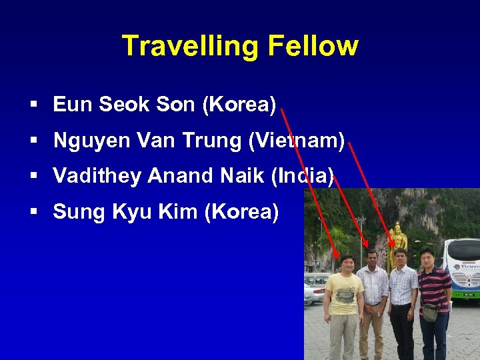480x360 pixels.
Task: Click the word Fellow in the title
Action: [313, 46]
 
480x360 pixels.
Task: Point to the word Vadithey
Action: [97, 176]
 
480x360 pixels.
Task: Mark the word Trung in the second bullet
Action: [211, 140]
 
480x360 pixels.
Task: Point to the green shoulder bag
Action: [431, 311]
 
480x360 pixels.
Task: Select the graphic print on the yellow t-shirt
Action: [344, 297]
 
